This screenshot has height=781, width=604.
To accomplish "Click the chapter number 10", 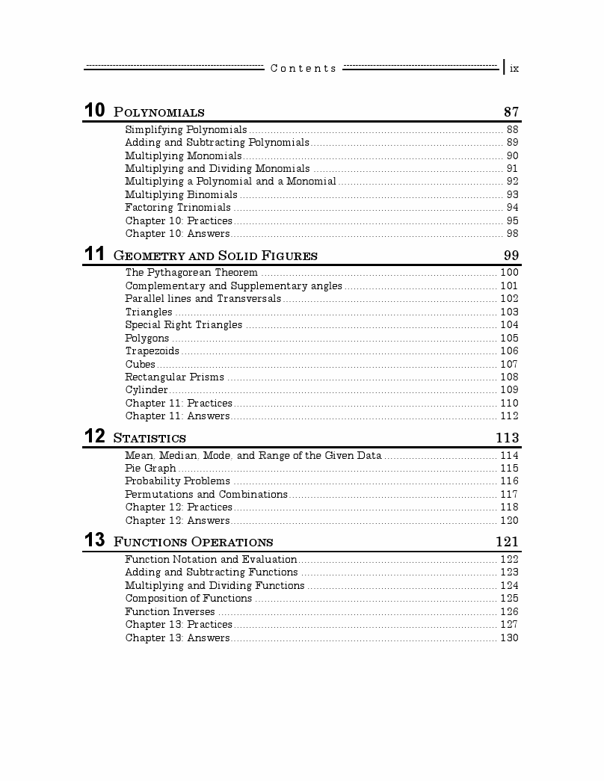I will tap(94, 111).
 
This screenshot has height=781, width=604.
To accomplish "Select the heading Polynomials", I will tap(158, 113).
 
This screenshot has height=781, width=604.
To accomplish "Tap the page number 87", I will tap(511, 112).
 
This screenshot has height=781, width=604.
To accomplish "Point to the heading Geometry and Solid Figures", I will tap(215, 256).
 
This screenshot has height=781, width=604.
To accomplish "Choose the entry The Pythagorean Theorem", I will tap(191, 273).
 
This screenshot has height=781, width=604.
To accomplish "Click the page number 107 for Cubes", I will tap(509, 365).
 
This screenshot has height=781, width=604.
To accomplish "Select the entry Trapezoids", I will tap(152, 351).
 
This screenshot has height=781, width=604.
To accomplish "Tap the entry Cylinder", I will tap(147, 390).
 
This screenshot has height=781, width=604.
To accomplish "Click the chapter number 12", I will tap(94, 436).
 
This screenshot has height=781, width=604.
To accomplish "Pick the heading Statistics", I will tap(150, 438).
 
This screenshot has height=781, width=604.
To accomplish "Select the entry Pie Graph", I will tap(150, 469).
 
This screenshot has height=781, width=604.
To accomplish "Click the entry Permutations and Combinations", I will tap(206, 495).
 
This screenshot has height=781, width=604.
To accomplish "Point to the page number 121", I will tap(507, 542).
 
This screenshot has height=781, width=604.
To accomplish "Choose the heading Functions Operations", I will tap(193, 542).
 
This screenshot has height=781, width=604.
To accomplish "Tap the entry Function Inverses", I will tap(170, 612).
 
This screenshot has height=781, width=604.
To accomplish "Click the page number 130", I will tap(509, 638).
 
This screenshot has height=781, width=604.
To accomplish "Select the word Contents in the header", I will tap(303, 69).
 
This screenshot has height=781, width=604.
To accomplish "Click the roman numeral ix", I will tap(514, 69).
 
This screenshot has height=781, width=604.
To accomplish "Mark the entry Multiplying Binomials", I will tap(181, 195).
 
